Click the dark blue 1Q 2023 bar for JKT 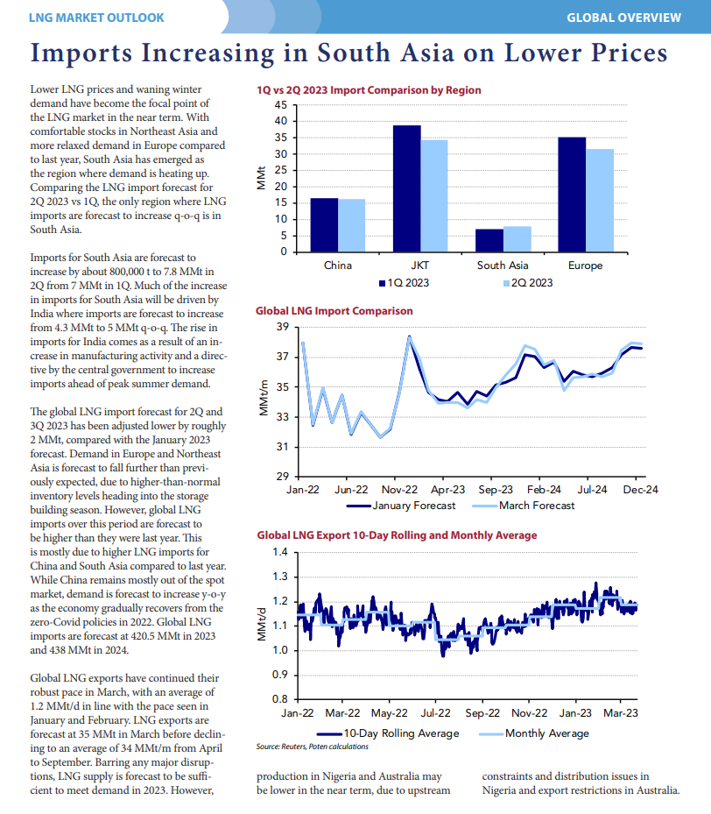point(406,189)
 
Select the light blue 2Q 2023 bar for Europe point(600,201)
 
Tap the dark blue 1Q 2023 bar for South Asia point(489,241)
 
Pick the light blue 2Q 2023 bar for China point(352,226)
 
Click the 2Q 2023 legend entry point(528,283)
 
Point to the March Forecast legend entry point(524,506)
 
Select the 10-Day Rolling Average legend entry point(388,733)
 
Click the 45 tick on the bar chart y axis point(280,105)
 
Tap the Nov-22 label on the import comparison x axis point(399,490)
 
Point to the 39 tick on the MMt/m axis point(283,327)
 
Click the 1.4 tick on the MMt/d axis point(280,552)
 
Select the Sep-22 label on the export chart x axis point(482,713)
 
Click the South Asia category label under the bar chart point(503,265)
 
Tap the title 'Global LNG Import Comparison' point(334,311)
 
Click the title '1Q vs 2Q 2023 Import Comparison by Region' point(369,90)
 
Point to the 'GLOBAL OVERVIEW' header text point(623,18)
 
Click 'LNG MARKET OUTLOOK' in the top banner point(96,18)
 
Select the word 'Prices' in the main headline point(629,53)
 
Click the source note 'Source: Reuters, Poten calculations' point(313,747)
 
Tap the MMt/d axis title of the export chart point(262,626)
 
